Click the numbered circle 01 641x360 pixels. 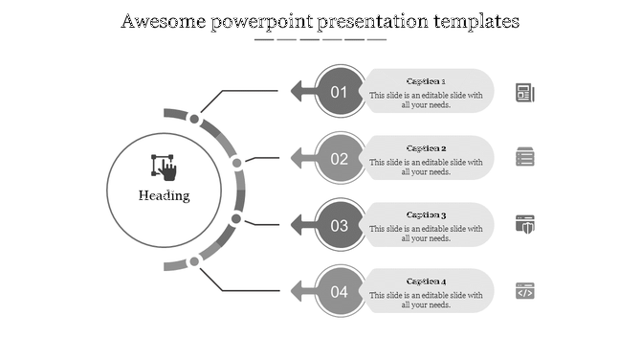click(x=340, y=92)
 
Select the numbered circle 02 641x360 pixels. click(x=340, y=159)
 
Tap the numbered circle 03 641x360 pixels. click(x=340, y=226)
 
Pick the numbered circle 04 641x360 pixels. click(x=340, y=292)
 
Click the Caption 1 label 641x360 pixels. click(x=426, y=81)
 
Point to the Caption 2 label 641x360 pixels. click(x=426, y=148)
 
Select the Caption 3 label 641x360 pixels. click(x=426, y=215)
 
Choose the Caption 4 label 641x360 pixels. click(x=426, y=281)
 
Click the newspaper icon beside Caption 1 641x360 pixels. click(x=525, y=92)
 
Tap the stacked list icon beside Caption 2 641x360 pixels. click(x=525, y=157)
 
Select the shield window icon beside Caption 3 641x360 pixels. click(x=525, y=224)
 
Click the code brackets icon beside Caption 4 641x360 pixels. click(x=525, y=291)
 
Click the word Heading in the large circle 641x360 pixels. click(x=164, y=196)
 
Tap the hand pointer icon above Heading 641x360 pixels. click(x=165, y=167)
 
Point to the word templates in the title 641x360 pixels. click(x=475, y=21)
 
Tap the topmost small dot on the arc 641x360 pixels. click(x=194, y=120)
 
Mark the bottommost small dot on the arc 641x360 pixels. click(x=194, y=260)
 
